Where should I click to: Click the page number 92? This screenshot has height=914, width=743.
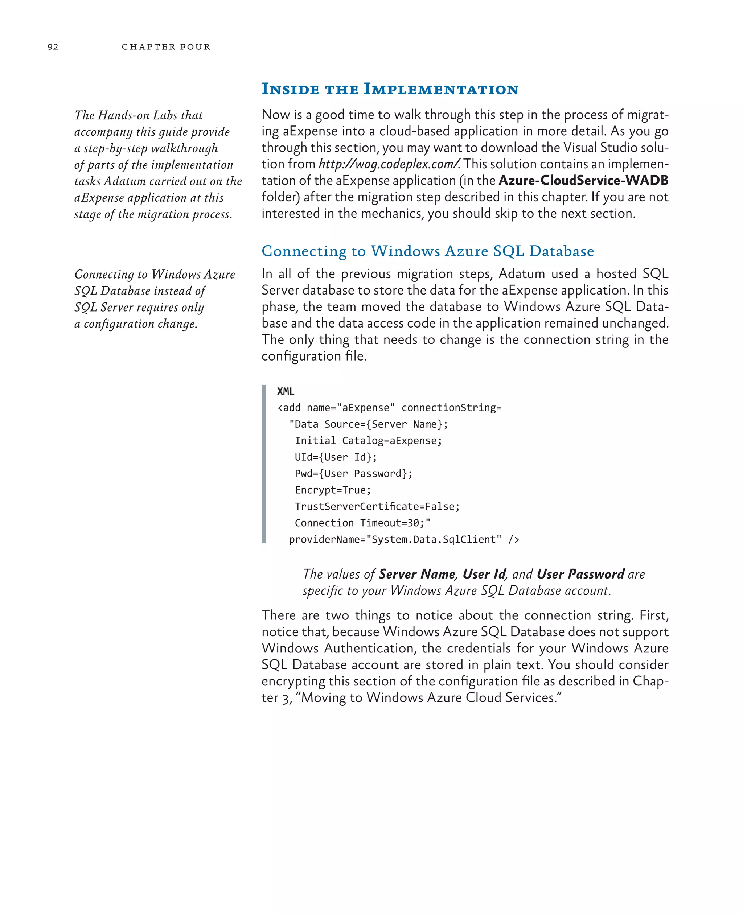point(53,47)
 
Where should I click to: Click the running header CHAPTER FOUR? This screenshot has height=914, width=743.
point(166,47)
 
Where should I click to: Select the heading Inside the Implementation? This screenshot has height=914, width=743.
point(390,89)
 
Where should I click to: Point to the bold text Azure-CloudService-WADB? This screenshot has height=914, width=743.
point(583,181)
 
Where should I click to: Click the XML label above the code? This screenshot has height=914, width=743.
point(286,391)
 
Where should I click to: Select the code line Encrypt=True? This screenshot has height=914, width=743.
point(333,490)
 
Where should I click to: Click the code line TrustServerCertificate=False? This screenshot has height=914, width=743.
point(377,507)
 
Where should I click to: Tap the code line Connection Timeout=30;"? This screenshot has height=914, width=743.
point(362,523)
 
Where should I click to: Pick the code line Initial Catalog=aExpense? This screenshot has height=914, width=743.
point(368,441)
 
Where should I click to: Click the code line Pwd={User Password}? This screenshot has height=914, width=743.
point(353,474)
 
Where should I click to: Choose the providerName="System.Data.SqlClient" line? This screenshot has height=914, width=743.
point(403,540)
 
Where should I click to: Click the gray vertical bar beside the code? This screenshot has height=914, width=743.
point(264,464)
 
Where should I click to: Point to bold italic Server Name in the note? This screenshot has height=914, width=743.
point(417,574)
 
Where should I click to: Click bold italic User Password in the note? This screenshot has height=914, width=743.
point(580,574)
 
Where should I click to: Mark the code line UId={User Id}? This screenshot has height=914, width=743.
point(336,457)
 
